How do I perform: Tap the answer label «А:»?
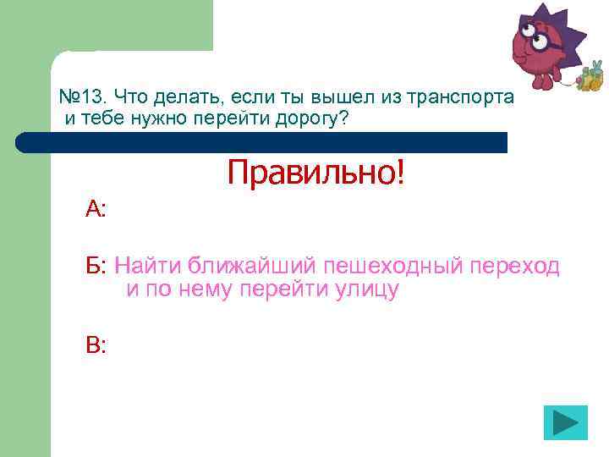tap(96, 209)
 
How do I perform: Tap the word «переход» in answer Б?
tap(517, 267)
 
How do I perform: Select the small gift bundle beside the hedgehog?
tap(589, 80)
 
